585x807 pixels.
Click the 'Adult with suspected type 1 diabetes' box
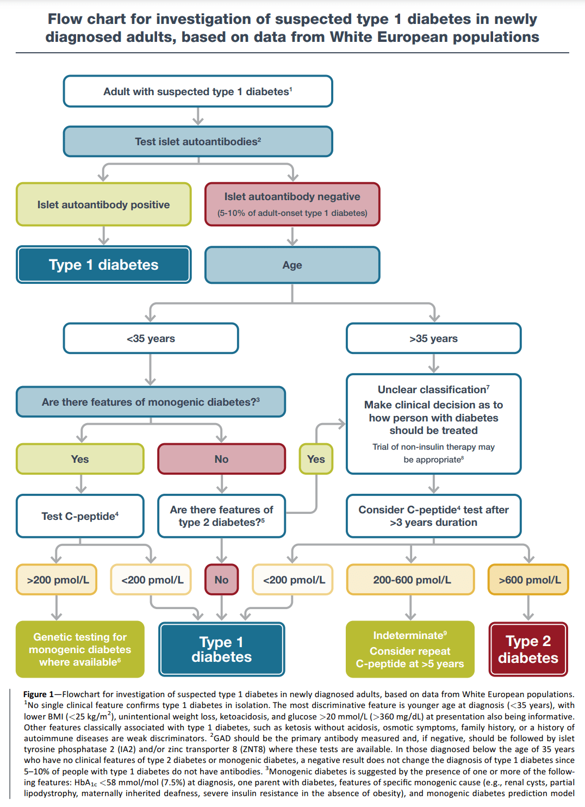(x=198, y=91)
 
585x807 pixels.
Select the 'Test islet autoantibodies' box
(x=198, y=141)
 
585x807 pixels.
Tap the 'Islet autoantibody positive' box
(x=103, y=204)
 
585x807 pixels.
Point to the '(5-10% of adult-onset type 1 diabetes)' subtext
(x=292, y=213)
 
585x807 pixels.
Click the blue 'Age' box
(x=292, y=265)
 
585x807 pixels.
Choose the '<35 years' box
(x=151, y=338)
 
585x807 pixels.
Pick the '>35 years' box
(x=433, y=338)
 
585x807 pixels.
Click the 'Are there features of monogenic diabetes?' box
(x=151, y=402)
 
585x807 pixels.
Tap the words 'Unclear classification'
(x=432, y=389)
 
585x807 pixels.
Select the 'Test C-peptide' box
(x=80, y=516)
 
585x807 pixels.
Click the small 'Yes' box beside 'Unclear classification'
(x=316, y=459)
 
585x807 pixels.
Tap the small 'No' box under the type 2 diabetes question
(x=221, y=580)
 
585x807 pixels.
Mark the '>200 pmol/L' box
(x=57, y=580)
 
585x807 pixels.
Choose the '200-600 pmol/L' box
(x=411, y=580)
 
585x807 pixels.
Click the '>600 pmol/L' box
(x=528, y=580)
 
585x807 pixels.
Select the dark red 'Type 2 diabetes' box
(x=528, y=649)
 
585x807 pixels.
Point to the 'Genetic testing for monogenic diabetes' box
(x=80, y=649)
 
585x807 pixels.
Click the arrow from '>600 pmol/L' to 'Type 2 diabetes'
(x=528, y=609)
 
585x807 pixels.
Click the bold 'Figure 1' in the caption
(x=39, y=694)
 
